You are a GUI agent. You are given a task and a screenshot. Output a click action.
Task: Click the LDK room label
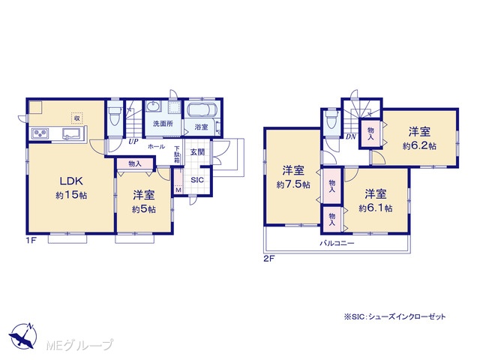pyautogui.click(x=71, y=181)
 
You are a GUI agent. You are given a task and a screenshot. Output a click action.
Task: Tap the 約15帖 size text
pyautogui.click(x=71, y=195)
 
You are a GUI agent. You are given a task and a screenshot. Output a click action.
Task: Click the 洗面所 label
pyautogui.click(x=163, y=124)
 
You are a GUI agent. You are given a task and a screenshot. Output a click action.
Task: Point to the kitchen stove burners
pyautogui.click(x=40, y=133)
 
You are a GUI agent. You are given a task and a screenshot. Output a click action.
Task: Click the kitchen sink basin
pyautogui.click(x=71, y=133)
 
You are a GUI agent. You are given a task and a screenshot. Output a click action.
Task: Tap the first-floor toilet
pyautogui.click(x=115, y=116)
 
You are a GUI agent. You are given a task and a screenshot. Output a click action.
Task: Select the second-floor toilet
pyautogui.click(x=331, y=120)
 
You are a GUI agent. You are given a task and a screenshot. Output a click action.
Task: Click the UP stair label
pyautogui.click(x=133, y=142)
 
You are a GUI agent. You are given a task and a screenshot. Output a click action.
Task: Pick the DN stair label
pyautogui.click(x=351, y=137)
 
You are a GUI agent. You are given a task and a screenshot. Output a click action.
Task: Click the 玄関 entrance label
pyautogui.click(x=197, y=152)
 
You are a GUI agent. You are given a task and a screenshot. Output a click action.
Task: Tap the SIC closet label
pyautogui.click(x=196, y=180)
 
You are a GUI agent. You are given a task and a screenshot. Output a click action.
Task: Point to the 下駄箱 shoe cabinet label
pyautogui.click(x=177, y=154)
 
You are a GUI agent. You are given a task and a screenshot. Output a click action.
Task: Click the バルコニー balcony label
pyautogui.click(x=337, y=243)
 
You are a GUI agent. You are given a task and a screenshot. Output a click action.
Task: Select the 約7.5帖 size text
pyautogui.click(x=293, y=184)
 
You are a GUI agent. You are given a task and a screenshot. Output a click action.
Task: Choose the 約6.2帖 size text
pyautogui.click(x=419, y=146)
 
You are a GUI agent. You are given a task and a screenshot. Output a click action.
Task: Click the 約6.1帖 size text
pyautogui.click(x=375, y=208)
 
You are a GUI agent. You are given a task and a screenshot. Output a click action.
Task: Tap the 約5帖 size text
pyautogui.click(x=144, y=209)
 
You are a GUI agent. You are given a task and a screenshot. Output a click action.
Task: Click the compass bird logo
pyautogui.click(x=23, y=336)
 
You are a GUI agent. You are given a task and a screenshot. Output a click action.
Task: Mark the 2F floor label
pyautogui.click(x=269, y=259)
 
